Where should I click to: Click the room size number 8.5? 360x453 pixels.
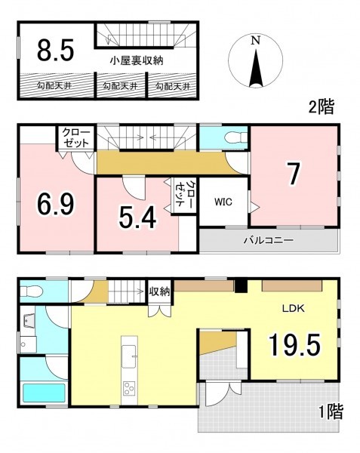(x=55, y=50)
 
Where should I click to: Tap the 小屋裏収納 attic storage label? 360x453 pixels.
(x=137, y=60)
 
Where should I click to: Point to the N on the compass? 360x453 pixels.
(x=255, y=41)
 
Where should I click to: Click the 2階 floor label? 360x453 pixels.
(x=322, y=107)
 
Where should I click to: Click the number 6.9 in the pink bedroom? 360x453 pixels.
(x=55, y=203)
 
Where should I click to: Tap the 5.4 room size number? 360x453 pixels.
(x=137, y=217)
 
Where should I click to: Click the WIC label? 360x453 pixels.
(x=223, y=202)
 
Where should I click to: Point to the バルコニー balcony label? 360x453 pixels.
(x=269, y=240)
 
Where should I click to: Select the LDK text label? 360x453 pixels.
(x=294, y=308)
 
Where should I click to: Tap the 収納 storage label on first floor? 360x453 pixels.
(x=159, y=291)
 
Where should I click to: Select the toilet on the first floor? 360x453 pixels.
(x=31, y=291)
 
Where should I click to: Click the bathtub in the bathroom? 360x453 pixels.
(x=44, y=393)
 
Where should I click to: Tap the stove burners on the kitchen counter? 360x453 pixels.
(x=129, y=388)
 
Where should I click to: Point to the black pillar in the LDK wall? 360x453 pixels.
(x=240, y=286)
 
